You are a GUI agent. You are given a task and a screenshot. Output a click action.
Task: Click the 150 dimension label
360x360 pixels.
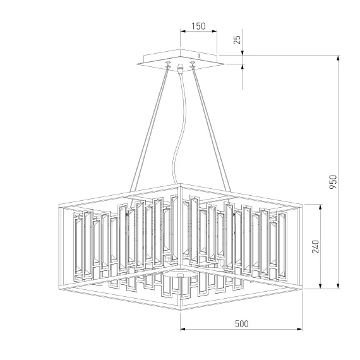198,26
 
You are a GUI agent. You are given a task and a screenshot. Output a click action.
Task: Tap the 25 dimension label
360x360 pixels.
237,40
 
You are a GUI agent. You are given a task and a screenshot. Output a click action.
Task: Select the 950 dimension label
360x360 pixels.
333,182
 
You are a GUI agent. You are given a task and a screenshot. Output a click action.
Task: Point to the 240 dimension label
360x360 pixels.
315,246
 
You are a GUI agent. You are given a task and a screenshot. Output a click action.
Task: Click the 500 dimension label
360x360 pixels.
242,324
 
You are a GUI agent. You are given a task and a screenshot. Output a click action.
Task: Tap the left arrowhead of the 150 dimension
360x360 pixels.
183,31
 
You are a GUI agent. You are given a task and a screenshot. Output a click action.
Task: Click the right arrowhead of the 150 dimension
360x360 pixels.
214,31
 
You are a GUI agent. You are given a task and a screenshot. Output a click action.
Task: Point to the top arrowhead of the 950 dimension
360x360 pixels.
338,58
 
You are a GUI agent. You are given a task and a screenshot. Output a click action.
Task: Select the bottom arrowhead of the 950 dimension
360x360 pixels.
338,286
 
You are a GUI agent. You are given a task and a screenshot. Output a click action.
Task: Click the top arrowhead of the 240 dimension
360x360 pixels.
320,207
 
